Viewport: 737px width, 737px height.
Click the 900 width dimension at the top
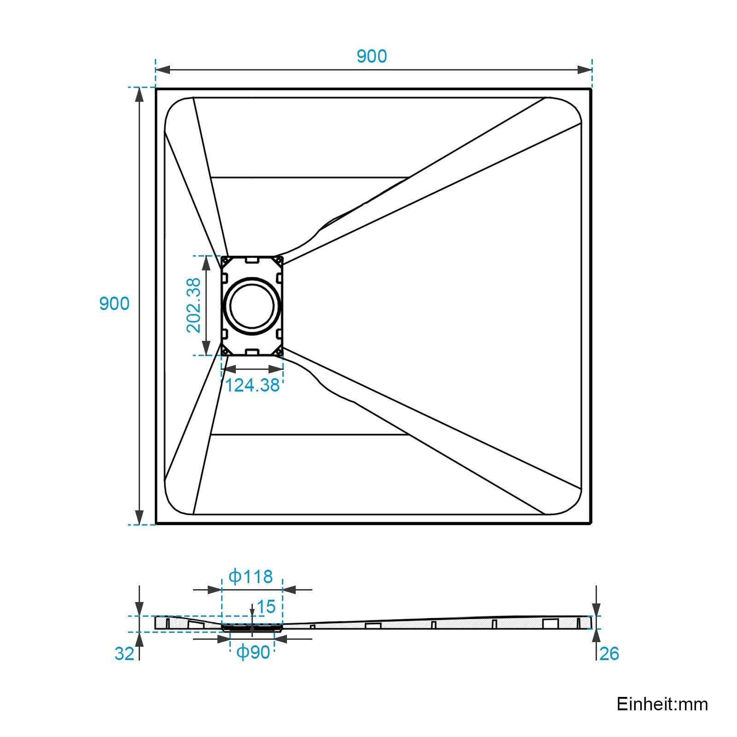[371, 56]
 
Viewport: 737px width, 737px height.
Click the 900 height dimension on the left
[114, 304]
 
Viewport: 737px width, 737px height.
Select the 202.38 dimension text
[194, 305]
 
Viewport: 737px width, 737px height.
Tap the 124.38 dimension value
[252, 386]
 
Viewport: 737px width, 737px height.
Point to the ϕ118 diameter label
[251, 577]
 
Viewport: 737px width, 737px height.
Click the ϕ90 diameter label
[253, 652]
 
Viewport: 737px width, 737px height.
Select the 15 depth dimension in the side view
[266, 607]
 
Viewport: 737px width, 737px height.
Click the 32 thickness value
[124, 654]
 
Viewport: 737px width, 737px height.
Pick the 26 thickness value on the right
[609, 654]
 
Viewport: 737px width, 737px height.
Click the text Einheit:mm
[662, 704]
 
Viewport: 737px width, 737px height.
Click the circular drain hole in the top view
[252, 306]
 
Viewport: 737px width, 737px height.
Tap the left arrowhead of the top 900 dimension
[163, 70]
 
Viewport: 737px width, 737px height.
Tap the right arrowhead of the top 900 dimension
[585, 70]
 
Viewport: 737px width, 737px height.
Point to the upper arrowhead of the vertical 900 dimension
[140, 94]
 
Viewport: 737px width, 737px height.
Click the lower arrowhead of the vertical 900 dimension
[140, 517]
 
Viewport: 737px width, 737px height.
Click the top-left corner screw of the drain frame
[225, 260]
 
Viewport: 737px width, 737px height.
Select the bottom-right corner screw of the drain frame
[279, 352]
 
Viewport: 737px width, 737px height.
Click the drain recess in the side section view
[252, 627]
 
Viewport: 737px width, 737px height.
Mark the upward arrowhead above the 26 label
[596, 636]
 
